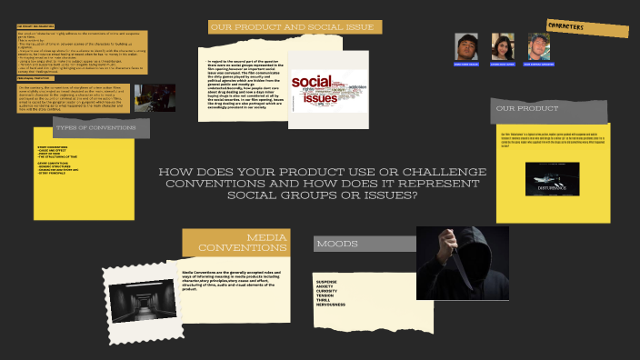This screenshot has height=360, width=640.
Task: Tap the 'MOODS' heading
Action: pyautogui.click(x=337, y=244)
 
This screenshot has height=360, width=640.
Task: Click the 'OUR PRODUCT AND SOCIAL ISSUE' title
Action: pyautogui.click(x=292, y=28)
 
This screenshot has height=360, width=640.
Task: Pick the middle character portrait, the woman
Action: pyautogui.click(x=503, y=46)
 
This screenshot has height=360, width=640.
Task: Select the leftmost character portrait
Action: pyautogui.click(x=466, y=47)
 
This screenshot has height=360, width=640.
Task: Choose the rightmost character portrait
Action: pyautogui.click(x=538, y=47)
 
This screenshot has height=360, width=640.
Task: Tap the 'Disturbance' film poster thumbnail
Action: pyautogui.click(x=552, y=179)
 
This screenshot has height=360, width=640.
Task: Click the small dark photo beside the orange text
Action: pyautogui.click(x=154, y=97)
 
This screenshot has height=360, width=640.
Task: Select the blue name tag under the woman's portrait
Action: pyautogui.click(x=503, y=65)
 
